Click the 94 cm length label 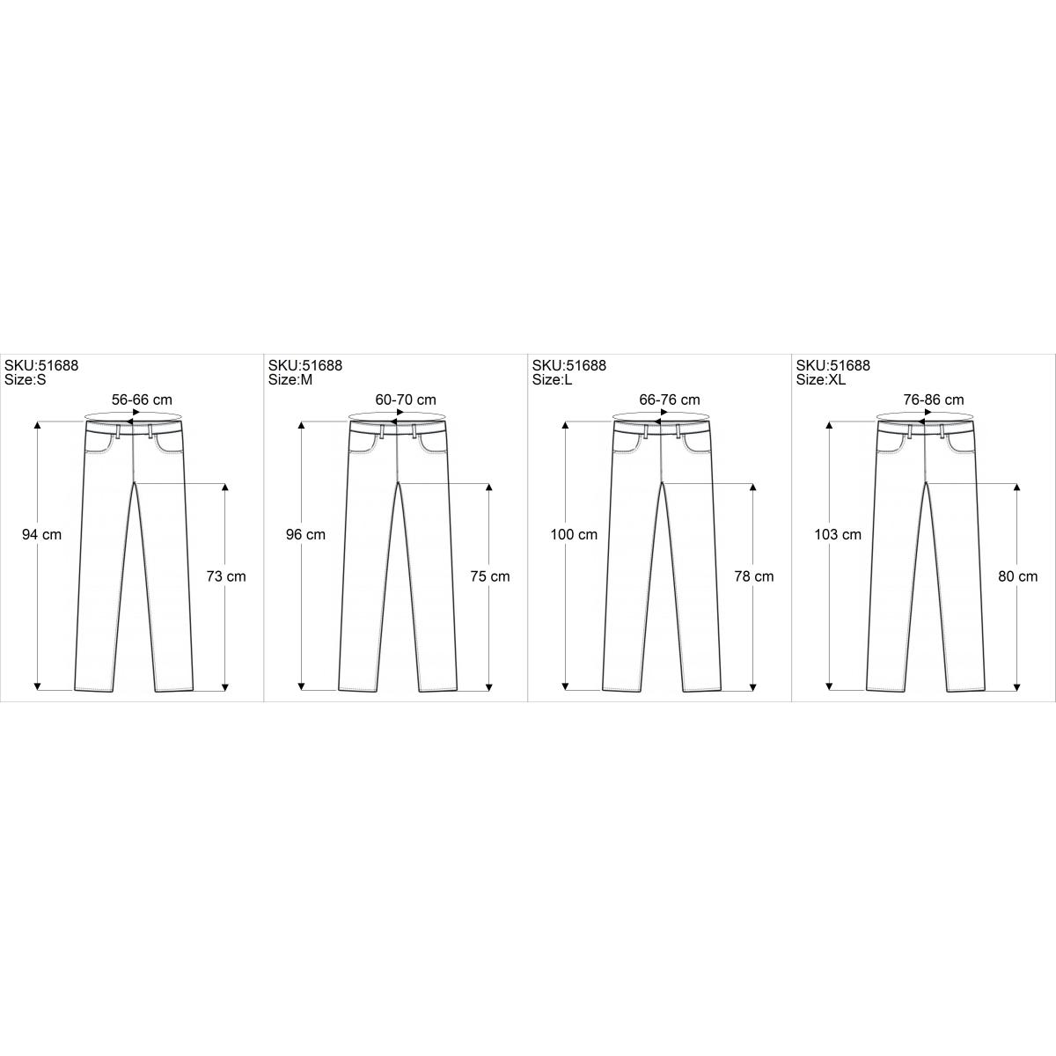(x=41, y=534)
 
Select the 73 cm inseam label (x=226, y=576)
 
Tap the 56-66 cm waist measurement (x=142, y=400)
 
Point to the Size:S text (x=26, y=380)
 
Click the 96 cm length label (x=305, y=534)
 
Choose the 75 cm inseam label (x=490, y=576)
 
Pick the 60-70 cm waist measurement (x=406, y=400)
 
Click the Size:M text (x=290, y=380)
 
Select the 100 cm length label (x=574, y=534)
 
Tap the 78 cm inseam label (x=754, y=576)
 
